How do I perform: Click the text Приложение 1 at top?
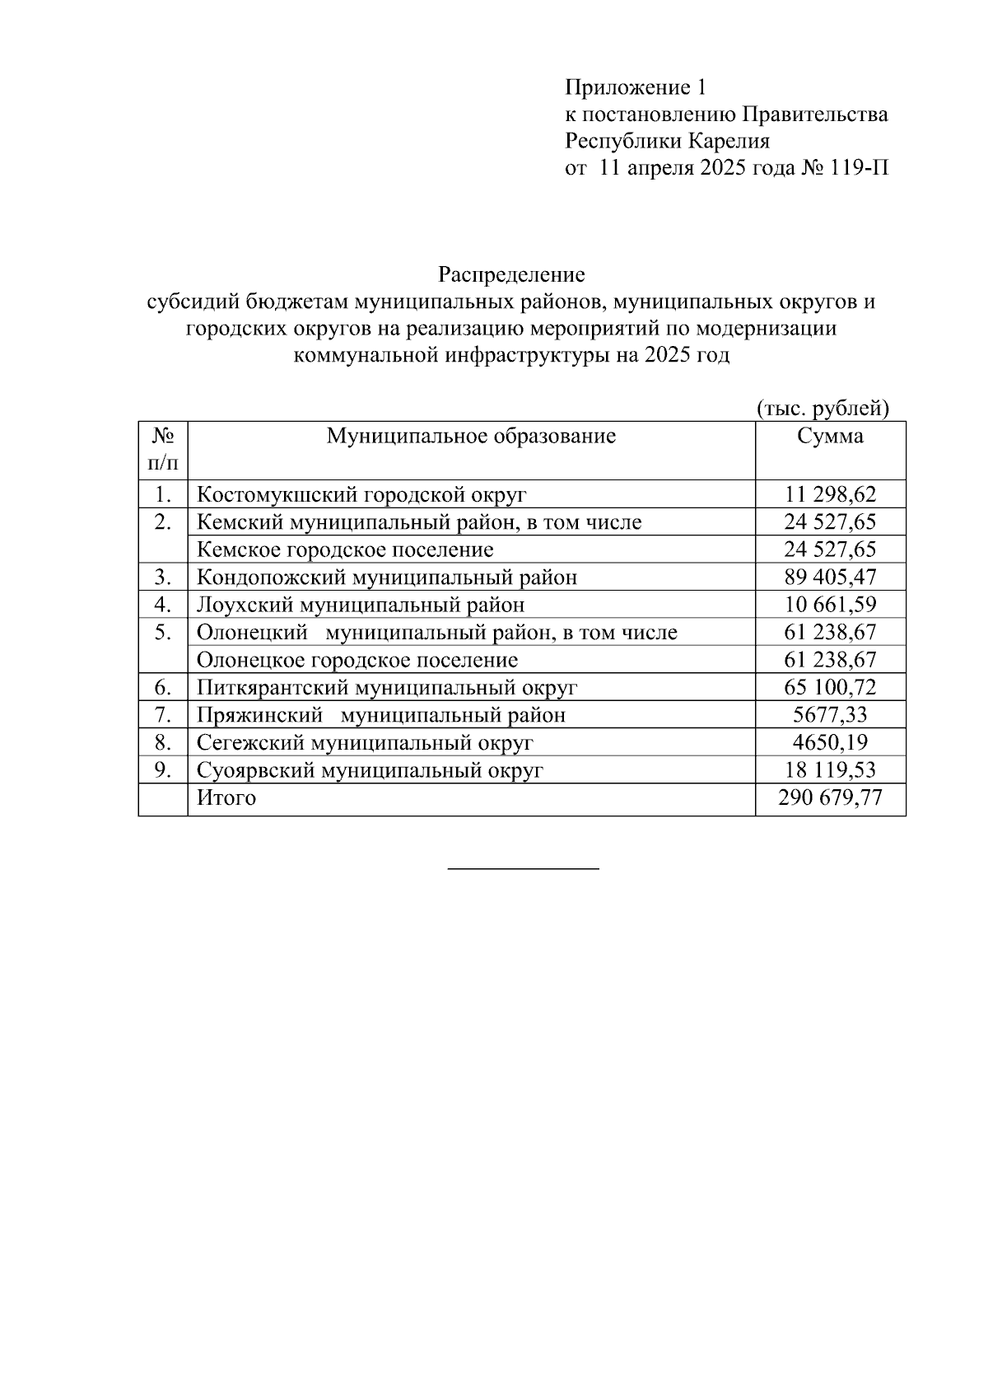point(635,87)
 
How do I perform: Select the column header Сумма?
point(830,436)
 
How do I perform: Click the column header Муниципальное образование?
point(471,436)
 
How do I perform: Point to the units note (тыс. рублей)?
point(823,408)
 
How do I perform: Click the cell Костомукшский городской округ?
point(361,495)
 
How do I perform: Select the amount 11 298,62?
point(830,494)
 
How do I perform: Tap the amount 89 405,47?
point(830,577)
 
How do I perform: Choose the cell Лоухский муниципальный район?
point(360,605)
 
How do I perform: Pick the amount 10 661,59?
point(830,605)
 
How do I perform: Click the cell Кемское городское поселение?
point(345,549)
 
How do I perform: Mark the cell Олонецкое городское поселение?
point(357,660)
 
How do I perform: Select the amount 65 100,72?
point(830,687)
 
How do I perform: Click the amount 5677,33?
point(830,714)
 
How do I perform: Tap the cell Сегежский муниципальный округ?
point(365,743)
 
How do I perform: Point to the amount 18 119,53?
point(830,770)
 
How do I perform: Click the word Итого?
point(226,797)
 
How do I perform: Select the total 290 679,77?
point(830,797)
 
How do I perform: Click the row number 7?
point(162,714)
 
